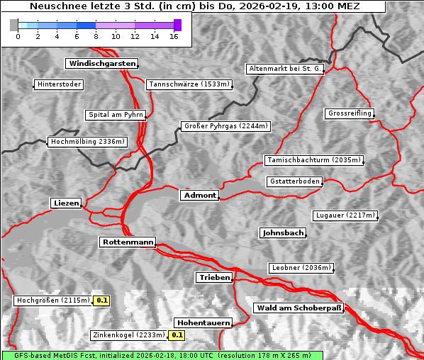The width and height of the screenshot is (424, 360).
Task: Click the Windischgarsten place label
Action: (x=101, y=64)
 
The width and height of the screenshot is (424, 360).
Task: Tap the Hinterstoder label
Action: (x=60, y=85)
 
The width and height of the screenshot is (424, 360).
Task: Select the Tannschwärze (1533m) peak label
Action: (x=189, y=85)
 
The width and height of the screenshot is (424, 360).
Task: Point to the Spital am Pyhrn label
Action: (x=116, y=115)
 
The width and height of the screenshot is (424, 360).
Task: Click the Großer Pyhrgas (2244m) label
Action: (x=225, y=127)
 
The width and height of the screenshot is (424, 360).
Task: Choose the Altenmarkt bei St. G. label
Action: (x=285, y=69)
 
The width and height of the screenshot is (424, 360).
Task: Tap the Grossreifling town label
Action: (x=350, y=113)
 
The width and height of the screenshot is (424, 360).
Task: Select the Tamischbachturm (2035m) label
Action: (x=313, y=160)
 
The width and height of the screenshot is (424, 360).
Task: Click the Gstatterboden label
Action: (x=294, y=181)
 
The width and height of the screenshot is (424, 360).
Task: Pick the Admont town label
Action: (x=199, y=196)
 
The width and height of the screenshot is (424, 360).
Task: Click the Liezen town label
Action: (x=66, y=203)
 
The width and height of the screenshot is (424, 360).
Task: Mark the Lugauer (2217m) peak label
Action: (x=345, y=215)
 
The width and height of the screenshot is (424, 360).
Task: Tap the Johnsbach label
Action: (x=283, y=233)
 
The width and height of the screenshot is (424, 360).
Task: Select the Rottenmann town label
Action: (x=127, y=242)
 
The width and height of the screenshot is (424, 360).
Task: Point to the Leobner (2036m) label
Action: (x=301, y=268)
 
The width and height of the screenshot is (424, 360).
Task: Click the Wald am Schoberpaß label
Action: (x=298, y=308)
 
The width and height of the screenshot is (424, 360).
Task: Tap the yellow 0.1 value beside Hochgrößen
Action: (x=102, y=300)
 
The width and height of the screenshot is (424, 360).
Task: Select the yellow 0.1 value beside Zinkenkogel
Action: (x=177, y=335)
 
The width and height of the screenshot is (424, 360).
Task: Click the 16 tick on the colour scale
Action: (x=174, y=36)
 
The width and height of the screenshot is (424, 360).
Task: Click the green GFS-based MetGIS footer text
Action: (x=162, y=355)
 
